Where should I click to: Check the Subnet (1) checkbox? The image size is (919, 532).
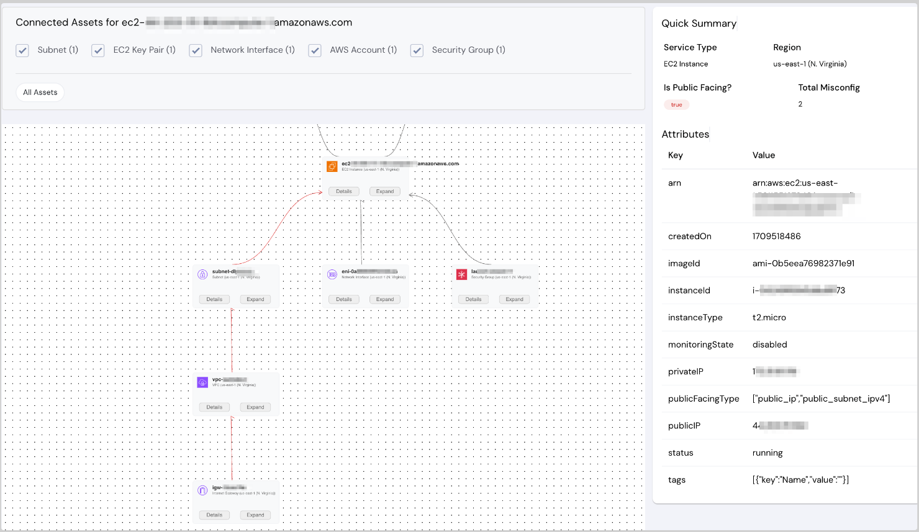pyautogui.click(x=22, y=50)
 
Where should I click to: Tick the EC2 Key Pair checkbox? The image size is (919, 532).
pyautogui.click(x=98, y=50)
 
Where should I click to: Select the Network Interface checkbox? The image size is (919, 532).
pyautogui.click(x=196, y=50)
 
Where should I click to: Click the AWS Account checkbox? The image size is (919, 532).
pyautogui.click(x=315, y=50)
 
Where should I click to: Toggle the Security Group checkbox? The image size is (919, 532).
pyautogui.click(x=417, y=50)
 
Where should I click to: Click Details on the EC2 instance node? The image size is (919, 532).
pyautogui.click(x=344, y=191)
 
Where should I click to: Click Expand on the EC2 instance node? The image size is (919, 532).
pyautogui.click(x=385, y=191)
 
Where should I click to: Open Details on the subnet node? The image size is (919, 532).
pyautogui.click(x=214, y=299)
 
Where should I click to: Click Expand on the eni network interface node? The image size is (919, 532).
pyautogui.click(x=385, y=299)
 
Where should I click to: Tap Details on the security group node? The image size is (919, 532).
pyautogui.click(x=473, y=299)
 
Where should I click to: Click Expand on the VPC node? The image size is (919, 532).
pyautogui.click(x=255, y=407)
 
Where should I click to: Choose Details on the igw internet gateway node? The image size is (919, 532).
pyautogui.click(x=214, y=515)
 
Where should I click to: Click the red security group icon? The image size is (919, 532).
pyautogui.click(x=461, y=274)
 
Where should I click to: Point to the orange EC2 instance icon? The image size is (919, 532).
pyautogui.click(x=332, y=166)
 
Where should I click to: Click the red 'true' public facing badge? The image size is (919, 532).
pyautogui.click(x=676, y=105)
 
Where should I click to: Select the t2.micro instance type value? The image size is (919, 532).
pyautogui.click(x=769, y=317)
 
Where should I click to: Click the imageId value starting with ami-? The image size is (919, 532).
pyautogui.click(x=803, y=263)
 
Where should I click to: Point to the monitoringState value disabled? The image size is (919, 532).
pyautogui.click(x=769, y=345)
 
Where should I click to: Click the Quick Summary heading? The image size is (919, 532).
pyautogui.click(x=699, y=24)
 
